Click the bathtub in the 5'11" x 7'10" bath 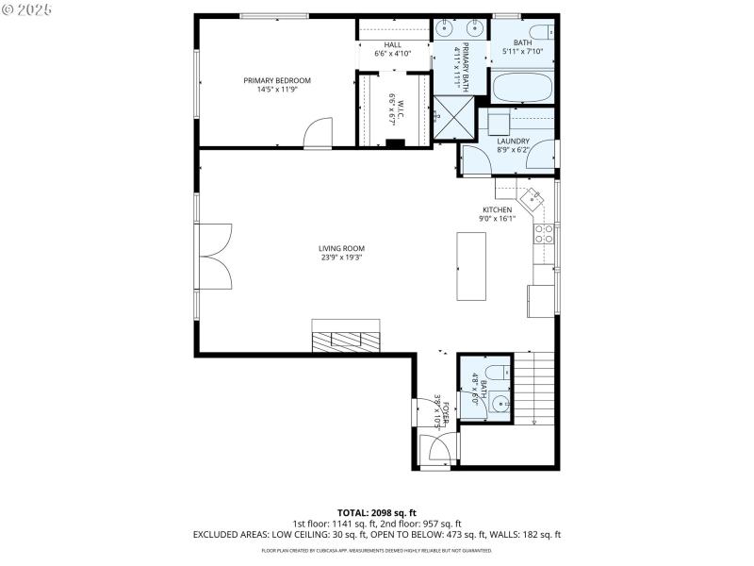[523, 88]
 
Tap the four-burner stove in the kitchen [545, 236]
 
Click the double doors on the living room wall [215, 256]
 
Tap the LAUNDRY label [514, 141]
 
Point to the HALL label [392, 45]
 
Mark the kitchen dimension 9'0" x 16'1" [498, 218]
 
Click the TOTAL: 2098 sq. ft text [377, 512]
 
